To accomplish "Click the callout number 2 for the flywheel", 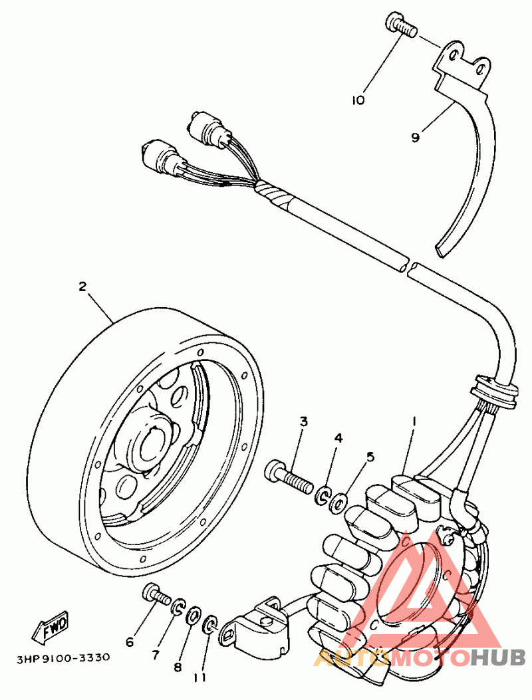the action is tap(82, 287).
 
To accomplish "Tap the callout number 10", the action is tap(358, 100).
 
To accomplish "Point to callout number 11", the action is tap(199, 677).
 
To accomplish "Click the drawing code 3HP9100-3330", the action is tap(63, 657).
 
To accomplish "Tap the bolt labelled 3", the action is tap(289, 479).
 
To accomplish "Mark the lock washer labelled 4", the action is tap(322, 495).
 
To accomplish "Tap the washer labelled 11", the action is tap(210, 625).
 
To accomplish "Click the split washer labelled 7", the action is tap(179, 606).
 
